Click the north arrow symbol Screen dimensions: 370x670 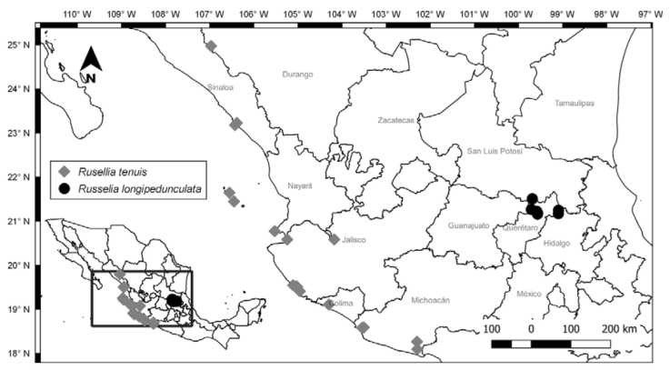91,65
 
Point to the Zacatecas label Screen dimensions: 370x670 396,120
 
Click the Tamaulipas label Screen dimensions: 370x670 575,104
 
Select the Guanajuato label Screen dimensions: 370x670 468,225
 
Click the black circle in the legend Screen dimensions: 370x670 64,189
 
